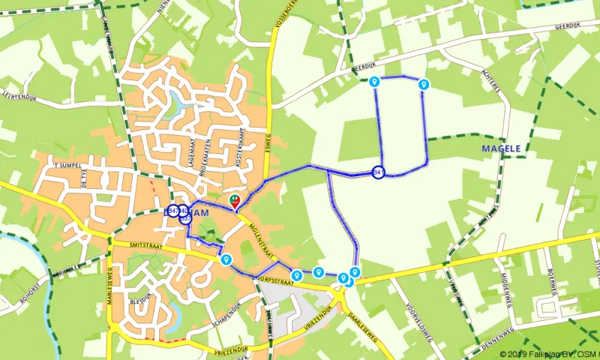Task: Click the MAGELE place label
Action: [x=501, y=149]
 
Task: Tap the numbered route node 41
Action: [x=379, y=172]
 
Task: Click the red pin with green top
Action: [x=235, y=201]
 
